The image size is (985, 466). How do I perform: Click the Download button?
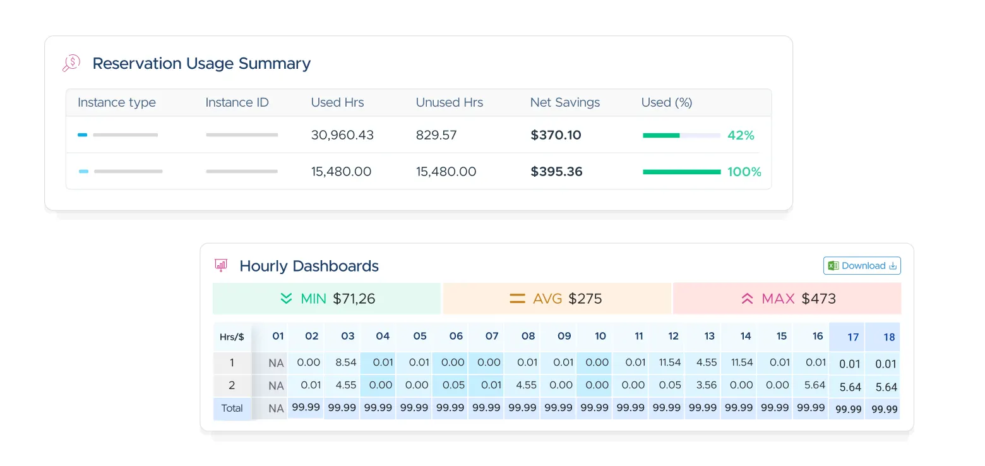pyautogui.click(x=862, y=266)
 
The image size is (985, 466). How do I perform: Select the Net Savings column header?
pyautogui.click(x=564, y=102)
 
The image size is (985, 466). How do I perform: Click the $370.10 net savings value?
pyautogui.click(x=556, y=135)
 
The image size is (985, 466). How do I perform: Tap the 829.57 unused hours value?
pyautogui.click(x=436, y=135)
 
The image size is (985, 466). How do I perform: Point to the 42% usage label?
pyautogui.click(x=741, y=135)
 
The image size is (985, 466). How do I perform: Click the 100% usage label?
pyautogui.click(x=744, y=172)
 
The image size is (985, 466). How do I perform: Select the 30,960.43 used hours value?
pyautogui.click(x=342, y=135)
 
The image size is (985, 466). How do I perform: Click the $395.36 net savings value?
pyautogui.click(x=556, y=172)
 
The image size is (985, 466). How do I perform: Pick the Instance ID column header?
pyautogui.click(x=237, y=102)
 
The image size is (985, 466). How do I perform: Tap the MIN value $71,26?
pyautogui.click(x=354, y=299)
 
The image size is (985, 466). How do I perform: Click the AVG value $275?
pyautogui.click(x=585, y=299)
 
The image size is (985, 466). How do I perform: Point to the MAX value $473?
pyautogui.click(x=818, y=299)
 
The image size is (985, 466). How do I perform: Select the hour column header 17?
pyautogui.click(x=852, y=337)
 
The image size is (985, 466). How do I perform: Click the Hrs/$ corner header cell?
pyautogui.click(x=232, y=337)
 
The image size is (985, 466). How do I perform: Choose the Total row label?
pyautogui.click(x=232, y=409)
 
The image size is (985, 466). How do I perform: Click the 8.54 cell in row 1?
pyautogui.click(x=345, y=362)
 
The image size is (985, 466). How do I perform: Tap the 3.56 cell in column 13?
pyautogui.click(x=706, y=385)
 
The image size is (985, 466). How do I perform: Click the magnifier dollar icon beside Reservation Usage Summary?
pyautogui.click(x=71, y=63)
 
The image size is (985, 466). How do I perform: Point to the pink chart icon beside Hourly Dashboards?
pyautogui.click(x=221, y=265)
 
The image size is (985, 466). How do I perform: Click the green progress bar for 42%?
pyautogui.click(x=661, y=135)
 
